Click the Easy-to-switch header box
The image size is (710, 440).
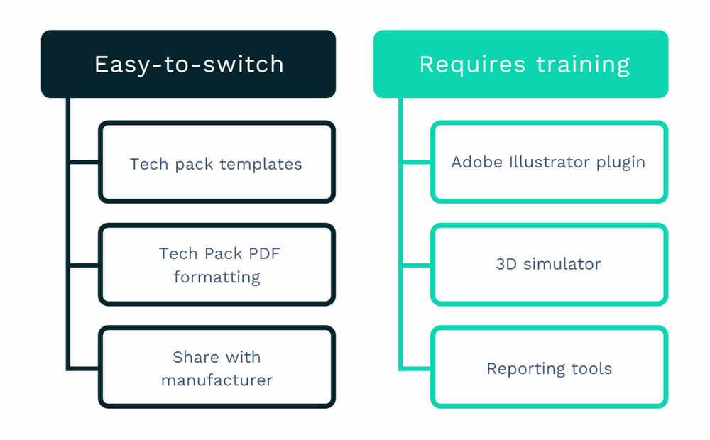[x=188, y=64]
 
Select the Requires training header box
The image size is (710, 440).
[x=520, y=64]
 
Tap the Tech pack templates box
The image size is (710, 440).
[x=217, y=163]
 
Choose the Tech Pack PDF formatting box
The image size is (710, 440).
[x=217, y=265]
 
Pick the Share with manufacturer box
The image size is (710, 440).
[x=217, y=368]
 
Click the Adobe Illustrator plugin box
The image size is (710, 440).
[x=549, y=162]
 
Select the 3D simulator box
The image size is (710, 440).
[x=549, y=264]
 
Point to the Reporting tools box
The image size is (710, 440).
[x=549, y=368]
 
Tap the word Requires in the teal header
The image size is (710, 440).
[x=474, y=65]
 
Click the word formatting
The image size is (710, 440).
[x=217, y=277]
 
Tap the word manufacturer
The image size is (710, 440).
[x=217, y=380]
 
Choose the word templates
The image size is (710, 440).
[x=261, y=164]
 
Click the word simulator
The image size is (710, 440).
[x=562, y=264]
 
